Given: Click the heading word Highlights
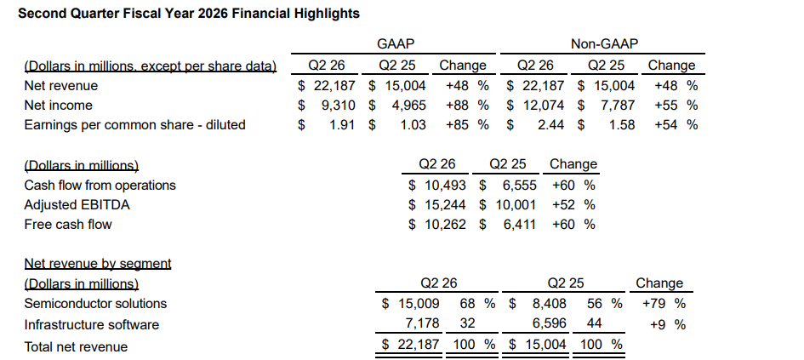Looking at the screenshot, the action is click(x=327, y=14).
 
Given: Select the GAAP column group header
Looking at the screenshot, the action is click(x=396, y=44).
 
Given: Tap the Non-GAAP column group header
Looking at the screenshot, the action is click(x=605, y=44).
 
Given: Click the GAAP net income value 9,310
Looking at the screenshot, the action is click(x=337, y=106).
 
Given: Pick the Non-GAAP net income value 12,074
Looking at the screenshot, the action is click(x=544, y=106).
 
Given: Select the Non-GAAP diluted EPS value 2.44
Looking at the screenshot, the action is click(x=550, y=124).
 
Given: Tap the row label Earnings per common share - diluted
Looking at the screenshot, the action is click(x=135, y=124).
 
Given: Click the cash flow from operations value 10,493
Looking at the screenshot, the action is click(x=445, y=186).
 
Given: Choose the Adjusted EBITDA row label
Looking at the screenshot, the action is click(x=77, y=205).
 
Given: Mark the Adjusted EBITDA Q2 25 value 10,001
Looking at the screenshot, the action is click(x=516, y=205).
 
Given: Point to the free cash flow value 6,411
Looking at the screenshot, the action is click(x=520, y=225).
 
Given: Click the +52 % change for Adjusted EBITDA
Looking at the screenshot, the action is click(x=573, y=205).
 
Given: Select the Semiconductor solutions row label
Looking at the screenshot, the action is click(x=95, y=304).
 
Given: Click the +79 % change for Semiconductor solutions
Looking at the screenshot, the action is click(x=664, y=304).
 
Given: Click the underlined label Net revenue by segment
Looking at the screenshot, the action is click(x=98, y=264).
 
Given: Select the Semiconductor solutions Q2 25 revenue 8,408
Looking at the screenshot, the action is click(x=550, y=304).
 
